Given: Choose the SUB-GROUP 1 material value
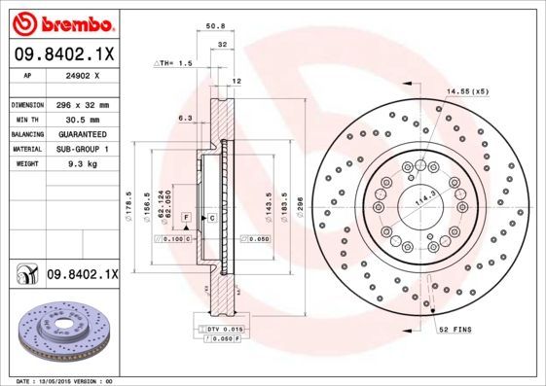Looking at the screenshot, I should coord(81,149).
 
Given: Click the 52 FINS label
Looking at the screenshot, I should coord(456,331).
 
